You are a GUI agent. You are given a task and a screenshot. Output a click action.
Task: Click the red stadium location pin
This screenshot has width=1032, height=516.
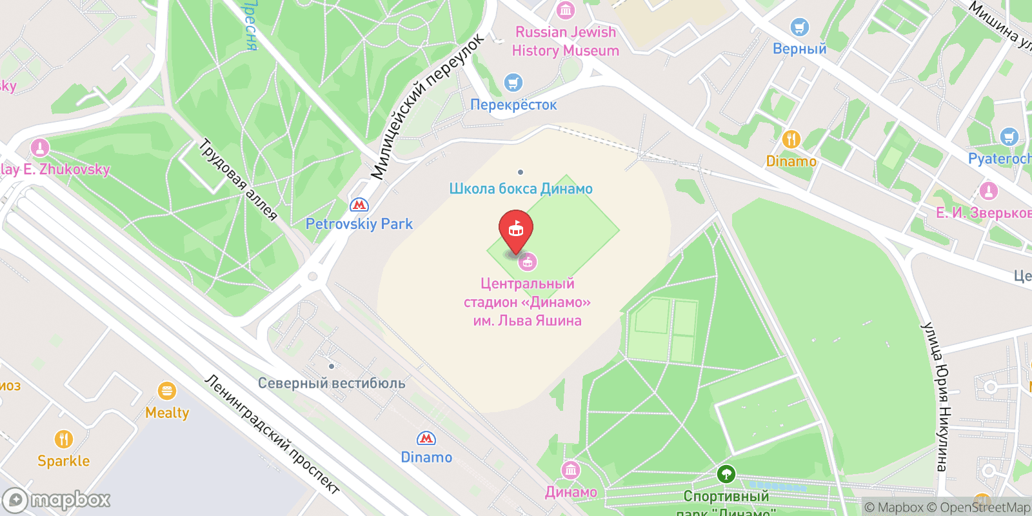[x=516, y=230]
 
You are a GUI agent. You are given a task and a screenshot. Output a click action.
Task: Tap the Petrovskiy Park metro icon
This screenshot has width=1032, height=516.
[x=359, y=205]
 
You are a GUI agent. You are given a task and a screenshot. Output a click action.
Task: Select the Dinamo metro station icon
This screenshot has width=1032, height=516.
[x=426, y=439]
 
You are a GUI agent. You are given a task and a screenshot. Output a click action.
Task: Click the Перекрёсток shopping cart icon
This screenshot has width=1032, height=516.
[x=513, y=83]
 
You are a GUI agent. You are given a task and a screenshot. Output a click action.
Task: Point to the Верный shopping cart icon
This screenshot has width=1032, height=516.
[x=799, y=27]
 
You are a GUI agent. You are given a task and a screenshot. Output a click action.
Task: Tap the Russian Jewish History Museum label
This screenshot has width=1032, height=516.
[x=565, y=41]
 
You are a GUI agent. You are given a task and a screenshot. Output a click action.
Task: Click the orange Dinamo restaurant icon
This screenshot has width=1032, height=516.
[x=791, y=139]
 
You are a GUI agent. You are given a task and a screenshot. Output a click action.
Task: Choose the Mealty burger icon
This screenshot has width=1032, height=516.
[x=167, y=391]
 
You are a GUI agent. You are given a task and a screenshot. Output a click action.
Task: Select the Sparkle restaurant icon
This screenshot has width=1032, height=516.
[x=63, y=440]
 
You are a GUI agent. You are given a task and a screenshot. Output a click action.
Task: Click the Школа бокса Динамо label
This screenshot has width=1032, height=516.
[x=521, y=189]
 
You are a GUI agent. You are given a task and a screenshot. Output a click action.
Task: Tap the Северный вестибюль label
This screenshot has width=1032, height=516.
[x=332, y=383]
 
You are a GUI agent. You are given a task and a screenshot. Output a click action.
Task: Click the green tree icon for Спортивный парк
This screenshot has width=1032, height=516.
[x=726, y=475]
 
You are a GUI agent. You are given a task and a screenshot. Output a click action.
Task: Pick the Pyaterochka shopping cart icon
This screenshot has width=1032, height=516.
[x=1009, y=137]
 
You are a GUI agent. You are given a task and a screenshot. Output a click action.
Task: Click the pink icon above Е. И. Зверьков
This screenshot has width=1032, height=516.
[x=988, y=191]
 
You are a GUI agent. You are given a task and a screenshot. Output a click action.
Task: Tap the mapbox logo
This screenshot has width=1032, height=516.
[x=57, y=500]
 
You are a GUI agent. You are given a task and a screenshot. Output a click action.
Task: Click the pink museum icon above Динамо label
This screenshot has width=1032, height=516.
[x=571, y=470]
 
